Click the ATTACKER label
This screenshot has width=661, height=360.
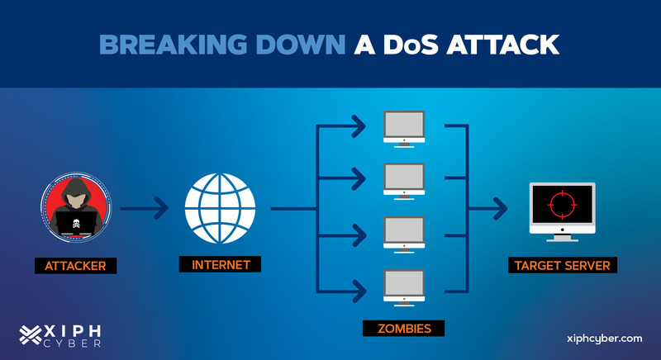pyautogui.click(x=75, y=266)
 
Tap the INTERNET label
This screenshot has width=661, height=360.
pyautogui.click(x=220, y=264)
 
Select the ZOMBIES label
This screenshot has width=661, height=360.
pyautogui.click(x=403, y=329)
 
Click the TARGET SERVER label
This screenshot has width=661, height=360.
pyautogui.click(x=563, y=265)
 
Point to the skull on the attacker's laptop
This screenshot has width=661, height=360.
pyautogui.click(x=76, y=223)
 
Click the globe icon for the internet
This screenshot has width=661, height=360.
pyautogui.click(x=220, y=208)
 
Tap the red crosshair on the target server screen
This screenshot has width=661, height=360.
pyautogui.click(x=563, y=205)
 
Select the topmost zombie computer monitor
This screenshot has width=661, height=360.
pyautogui.click(x=404, y=129)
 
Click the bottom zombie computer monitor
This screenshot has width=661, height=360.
pyautogui.click(x=404, y=287)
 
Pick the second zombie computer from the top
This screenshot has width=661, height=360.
pyautogui.click(x=404, y=181)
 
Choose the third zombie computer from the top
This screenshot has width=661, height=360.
pyautogui.click(x=404, y=234)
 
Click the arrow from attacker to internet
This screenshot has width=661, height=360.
pyautogui.click(x=144, y=208)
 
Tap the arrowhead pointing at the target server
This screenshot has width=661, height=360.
pyautogui.click(x=500, y=208)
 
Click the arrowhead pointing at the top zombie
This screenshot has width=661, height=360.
pyautogui.click(x=358, y=126)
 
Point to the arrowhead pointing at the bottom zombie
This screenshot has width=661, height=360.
pyautogui.click(x=358, y=291)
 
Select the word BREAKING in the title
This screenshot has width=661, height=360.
pyautogui.click(x=173, y=45)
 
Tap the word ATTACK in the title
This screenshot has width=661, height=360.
pyautogui.click(x=502, y=45)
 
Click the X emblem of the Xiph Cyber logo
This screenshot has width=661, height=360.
pyautogui.click(x=31, y=335)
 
